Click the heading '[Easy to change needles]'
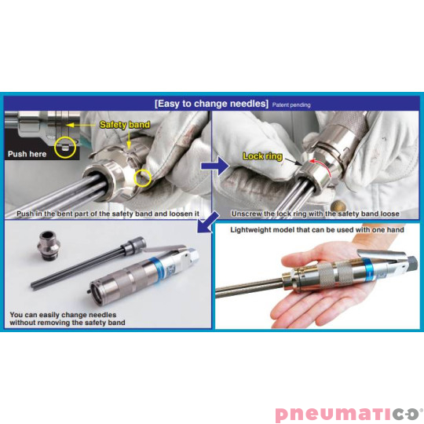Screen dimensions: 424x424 [211, 104]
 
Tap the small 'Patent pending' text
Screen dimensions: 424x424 [291, 105]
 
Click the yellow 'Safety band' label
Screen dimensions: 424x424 [125, 124]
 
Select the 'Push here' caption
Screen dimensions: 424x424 [27, 154]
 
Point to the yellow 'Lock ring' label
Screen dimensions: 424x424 [262, 156]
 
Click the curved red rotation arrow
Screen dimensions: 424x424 [324, 166]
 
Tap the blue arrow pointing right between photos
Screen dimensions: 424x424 [215, 166]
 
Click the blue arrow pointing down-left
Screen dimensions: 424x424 [208, 222]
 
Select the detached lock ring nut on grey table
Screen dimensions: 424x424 [49, 245]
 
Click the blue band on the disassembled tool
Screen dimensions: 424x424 [157, 267]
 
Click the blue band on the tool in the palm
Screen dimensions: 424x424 [369, 269]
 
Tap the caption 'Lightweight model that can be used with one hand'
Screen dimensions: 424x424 [317, 230]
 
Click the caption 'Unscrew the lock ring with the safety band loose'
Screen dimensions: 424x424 [316, 214]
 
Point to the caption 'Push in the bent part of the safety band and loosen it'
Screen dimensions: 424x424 [108, 214]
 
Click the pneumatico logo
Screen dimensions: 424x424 [349, 414]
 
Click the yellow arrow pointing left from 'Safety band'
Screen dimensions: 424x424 [81, 125]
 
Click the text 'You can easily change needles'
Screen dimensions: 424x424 [63, 315]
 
